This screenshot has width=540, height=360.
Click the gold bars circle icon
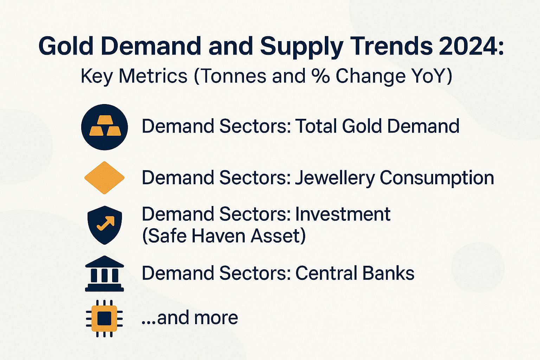(104, 127)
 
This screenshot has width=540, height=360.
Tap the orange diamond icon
(104, 178)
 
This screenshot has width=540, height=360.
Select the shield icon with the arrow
(104, 225)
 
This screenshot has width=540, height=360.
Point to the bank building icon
(104, 274)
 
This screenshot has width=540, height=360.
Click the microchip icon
(104, 318)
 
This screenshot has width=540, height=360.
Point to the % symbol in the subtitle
(320, 76)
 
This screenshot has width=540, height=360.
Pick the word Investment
(343, 214)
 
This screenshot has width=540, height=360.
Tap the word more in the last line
(216, 317)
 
